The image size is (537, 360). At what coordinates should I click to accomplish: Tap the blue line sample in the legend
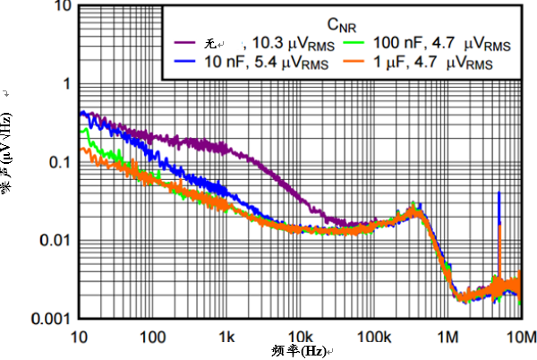187,63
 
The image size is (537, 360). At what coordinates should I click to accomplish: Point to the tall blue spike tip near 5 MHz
498,193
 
